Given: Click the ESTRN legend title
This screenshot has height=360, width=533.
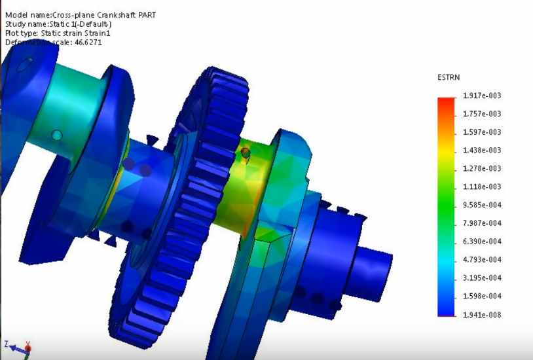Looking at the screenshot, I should [449, 77].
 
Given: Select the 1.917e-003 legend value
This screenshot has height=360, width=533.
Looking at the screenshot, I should [481, 96].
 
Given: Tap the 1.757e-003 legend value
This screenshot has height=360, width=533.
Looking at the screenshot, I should [481, 114].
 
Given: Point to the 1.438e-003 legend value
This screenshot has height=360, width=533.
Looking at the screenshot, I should [481, 151].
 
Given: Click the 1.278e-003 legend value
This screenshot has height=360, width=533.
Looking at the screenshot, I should [481, 168].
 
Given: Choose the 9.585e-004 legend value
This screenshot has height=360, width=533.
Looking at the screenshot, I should [481, 205].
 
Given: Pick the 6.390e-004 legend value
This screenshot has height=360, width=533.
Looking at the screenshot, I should [481, 242].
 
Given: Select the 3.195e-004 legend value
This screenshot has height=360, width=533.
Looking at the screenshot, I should [481, 278].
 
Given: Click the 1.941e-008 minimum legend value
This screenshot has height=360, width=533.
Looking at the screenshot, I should [481, 315].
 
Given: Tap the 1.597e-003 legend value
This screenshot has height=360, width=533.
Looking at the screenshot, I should [481, 132].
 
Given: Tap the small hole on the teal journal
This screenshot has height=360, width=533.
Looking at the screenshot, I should [57, 135].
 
